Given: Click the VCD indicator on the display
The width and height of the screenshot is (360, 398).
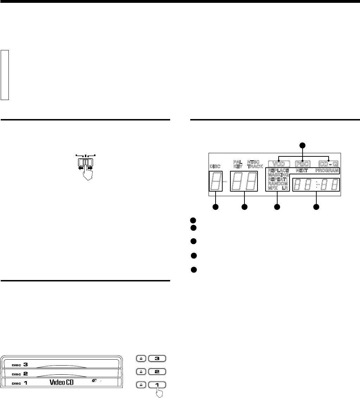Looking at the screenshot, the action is (x=279, y=164).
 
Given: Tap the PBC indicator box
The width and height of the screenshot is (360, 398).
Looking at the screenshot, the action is (x=303, y=164).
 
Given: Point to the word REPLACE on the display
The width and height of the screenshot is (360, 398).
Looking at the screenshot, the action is (x=278, y=170).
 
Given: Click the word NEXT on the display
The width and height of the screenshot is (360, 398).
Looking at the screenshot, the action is (x=302, y=170).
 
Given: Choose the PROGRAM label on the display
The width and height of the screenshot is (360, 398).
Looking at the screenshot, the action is (x=327, y=170).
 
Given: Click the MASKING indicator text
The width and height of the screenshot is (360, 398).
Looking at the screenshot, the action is (x=278, y=175).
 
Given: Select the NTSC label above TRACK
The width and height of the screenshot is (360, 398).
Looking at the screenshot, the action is (x=253, y=162).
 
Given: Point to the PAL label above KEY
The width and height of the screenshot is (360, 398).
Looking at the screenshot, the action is (x=238, y=162).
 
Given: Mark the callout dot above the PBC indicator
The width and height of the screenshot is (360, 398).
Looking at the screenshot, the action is (x=302, y=145).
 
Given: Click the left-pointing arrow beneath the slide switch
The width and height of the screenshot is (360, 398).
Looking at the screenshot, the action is (x=81, y=168).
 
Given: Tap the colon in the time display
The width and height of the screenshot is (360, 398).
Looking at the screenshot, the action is (x=316, y=184).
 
